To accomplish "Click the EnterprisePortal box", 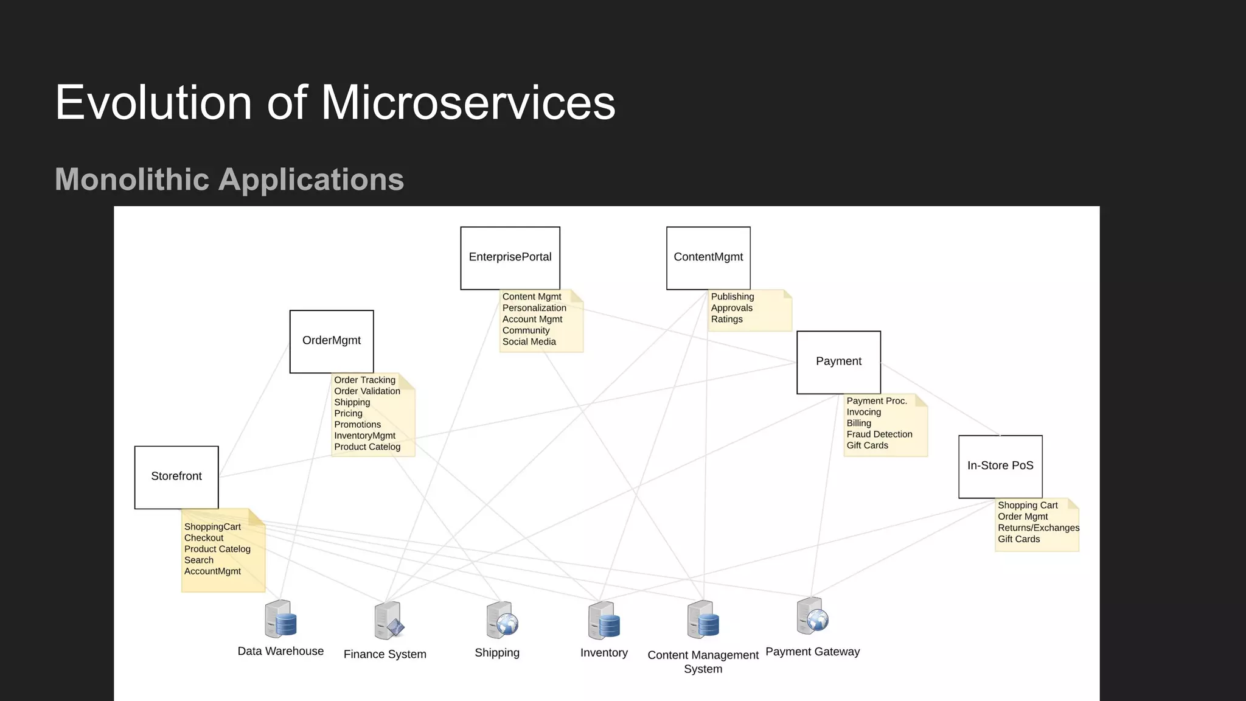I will point(510,258).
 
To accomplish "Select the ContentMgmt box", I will point(708,258).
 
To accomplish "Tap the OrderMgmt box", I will point(332,341).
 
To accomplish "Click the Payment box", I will point(838,362).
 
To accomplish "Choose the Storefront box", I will point(176,477).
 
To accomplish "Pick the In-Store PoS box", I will point(1000,466).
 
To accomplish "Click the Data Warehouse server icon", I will point(280,619).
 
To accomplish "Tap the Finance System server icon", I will point(389,621).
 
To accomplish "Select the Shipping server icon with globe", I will point(502,620).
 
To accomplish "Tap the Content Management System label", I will point(703,661).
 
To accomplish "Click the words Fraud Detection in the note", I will point(879,434).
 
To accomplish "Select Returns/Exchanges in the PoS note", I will point(1038,528).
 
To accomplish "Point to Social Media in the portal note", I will point(529,342).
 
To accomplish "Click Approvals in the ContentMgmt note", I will point(731,308).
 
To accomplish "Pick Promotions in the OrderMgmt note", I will point(357,425).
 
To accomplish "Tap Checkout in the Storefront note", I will point(204,538).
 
